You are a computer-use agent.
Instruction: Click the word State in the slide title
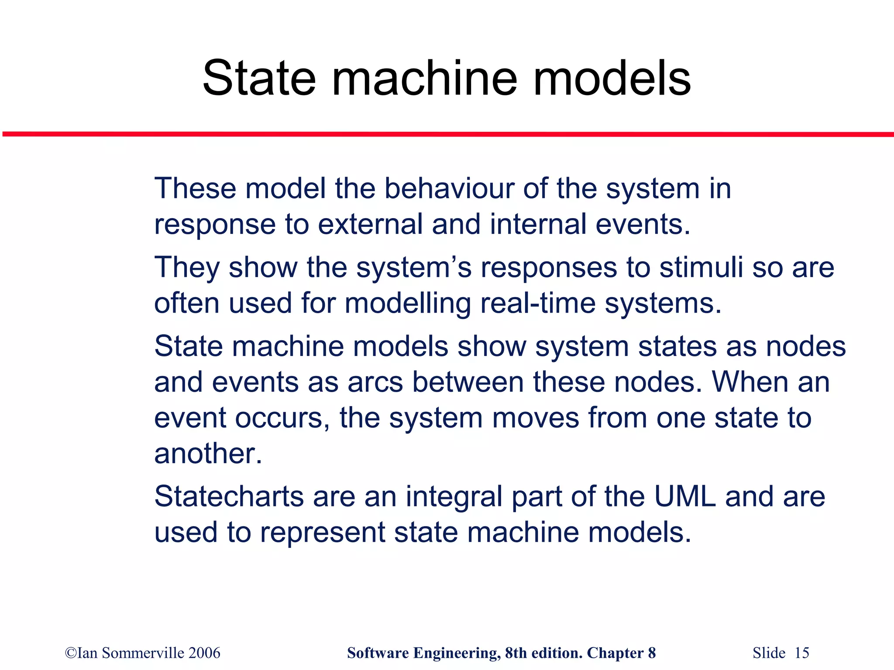258,79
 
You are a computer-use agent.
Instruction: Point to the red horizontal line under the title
447,134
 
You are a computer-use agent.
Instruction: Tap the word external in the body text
370,224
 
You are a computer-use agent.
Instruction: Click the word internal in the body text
538,224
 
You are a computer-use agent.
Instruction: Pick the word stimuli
701,267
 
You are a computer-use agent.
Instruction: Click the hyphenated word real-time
538,303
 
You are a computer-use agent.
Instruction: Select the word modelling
408,304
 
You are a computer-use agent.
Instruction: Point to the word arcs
375,382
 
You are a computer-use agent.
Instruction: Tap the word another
208,454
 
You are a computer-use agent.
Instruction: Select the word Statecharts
229,496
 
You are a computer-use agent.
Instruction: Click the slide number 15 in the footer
802,653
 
